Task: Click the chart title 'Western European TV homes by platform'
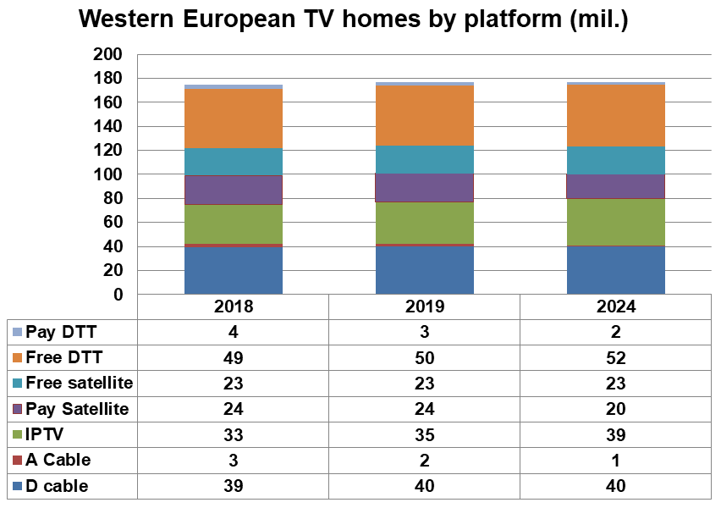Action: [x=353, y=20]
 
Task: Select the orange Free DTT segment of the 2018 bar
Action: [x=233, y=119]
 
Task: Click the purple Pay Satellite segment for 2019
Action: [x=424, y=187]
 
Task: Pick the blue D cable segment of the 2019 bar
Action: [x=424, y=270]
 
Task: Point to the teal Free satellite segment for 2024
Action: [x=615, y=160]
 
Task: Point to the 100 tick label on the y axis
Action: [x=111, y=174]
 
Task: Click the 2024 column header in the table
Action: [x=615, y=307]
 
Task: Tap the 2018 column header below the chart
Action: [x=233, y=307]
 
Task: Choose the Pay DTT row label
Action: [x=57, y=331]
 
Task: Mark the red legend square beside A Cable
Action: [x=17, y=461]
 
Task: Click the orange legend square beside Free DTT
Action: [x=17, y=357]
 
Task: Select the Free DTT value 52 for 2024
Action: [x=615, y=357]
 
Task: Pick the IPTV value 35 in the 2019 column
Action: [x=424, y=434]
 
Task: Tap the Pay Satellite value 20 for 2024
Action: [x=615, y=409]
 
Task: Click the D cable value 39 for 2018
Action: [x=233, y=486]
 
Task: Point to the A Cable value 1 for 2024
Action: [x=615, y=461]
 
